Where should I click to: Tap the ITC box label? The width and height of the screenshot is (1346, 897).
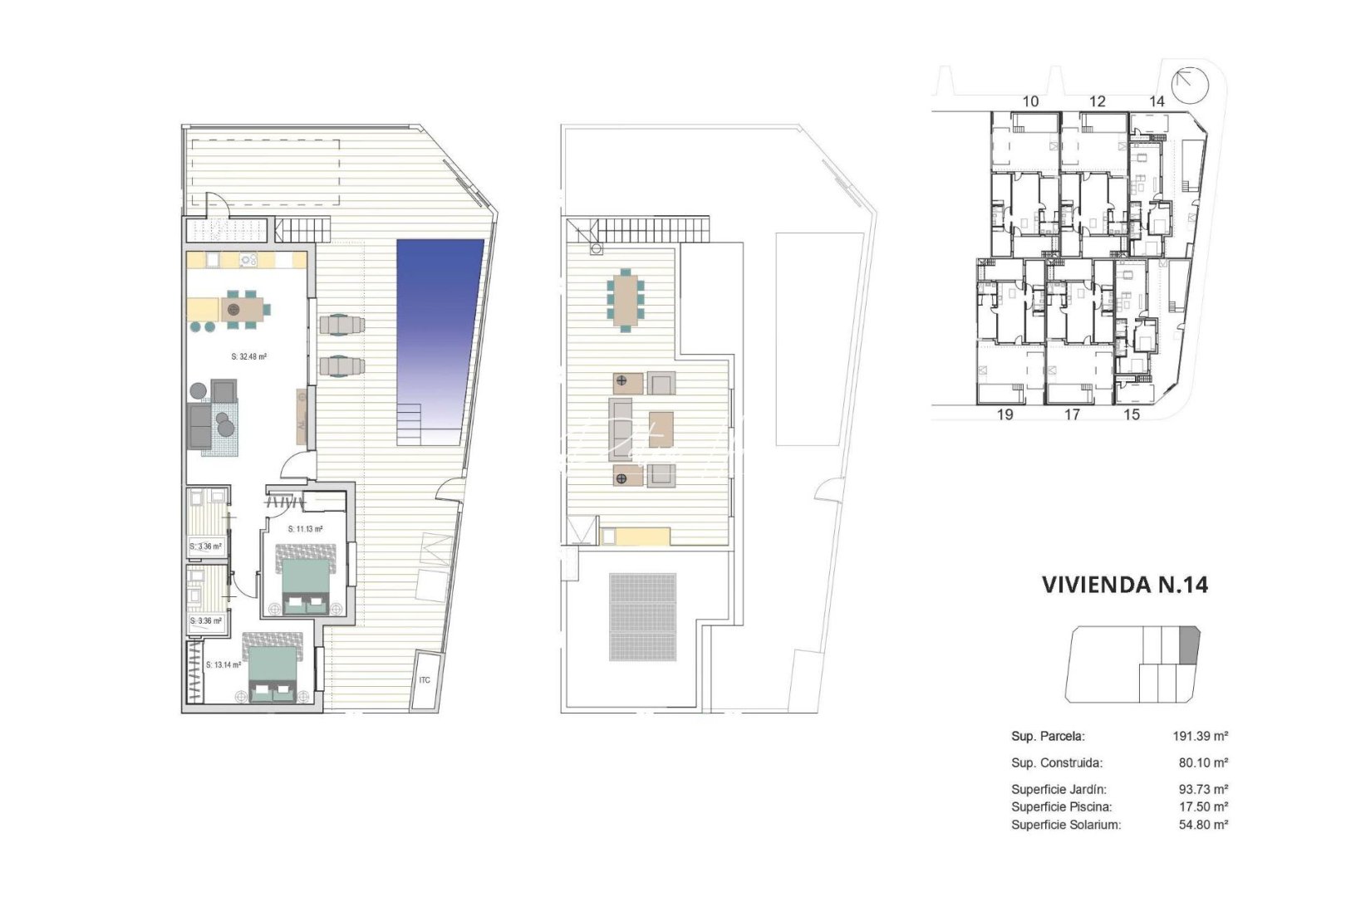(425, 681)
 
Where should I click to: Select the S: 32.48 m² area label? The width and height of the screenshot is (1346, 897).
(248, 357)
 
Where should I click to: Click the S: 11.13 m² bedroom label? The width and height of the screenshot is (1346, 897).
(305, 529)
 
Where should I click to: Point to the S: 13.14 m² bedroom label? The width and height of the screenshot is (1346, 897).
(223, 665)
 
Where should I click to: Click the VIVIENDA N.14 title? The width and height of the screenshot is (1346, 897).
(1124, 585)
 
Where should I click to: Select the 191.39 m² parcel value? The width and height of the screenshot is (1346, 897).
(1200, 736)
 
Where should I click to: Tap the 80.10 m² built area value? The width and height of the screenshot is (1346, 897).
(1203, 762)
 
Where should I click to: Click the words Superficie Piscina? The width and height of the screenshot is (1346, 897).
(1061, 806)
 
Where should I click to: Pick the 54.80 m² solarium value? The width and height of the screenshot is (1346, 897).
(1203, 825)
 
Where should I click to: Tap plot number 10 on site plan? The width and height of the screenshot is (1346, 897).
(1030, 101)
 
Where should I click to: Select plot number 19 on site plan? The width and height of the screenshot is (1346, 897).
(1005, 414)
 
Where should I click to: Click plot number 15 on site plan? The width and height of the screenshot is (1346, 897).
(1132, 414)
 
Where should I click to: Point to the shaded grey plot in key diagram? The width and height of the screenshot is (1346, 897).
(1190, 645)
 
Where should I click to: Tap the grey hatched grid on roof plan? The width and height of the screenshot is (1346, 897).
(642, 617)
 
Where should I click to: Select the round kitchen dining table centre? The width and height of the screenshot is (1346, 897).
(233, 309)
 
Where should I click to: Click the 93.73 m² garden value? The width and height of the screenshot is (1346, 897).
(1203, 789)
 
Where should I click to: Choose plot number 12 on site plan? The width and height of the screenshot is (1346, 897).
(1098, 101)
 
